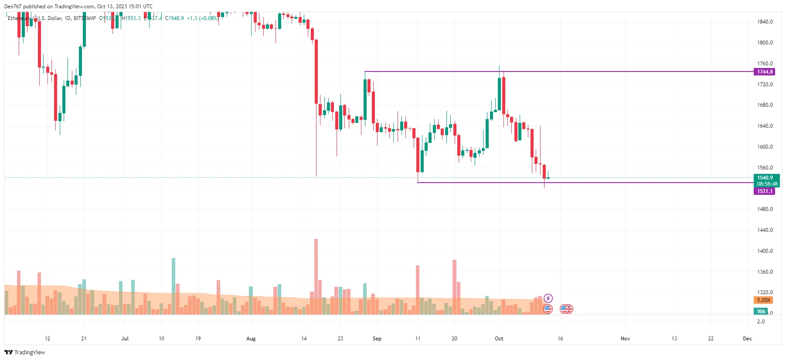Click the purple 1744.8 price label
coord(764,72)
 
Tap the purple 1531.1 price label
coord(764,191)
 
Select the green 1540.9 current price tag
coord(765,178)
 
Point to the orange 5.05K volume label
coord(763,300)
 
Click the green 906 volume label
coord(761,312)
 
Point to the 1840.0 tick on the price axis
coord(765,22)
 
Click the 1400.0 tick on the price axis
coord(765,251)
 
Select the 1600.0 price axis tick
coord(765,147)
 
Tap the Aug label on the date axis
coord(251,339)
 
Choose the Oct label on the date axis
coord(499,339)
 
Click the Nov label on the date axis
coord(625,339)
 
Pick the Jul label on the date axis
coord(125,339)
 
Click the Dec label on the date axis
coord(747,339)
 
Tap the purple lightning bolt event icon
coord(548,299)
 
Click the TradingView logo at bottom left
coord(25,352)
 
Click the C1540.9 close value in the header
coord(174,18)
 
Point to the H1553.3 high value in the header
coord(131,18)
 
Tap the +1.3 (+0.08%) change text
coord(203,18)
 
